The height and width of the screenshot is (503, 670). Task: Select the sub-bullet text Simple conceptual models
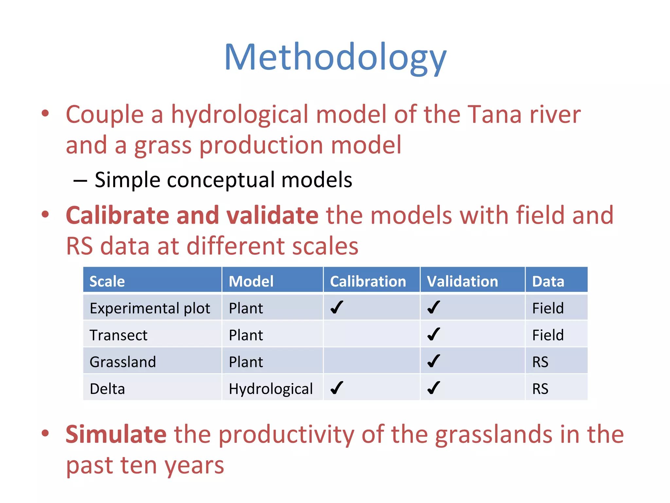(223, 180)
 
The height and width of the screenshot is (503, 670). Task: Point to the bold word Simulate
(116, 434)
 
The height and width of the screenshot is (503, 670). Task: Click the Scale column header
(107, 281)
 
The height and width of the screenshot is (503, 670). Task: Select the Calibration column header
(368, 281)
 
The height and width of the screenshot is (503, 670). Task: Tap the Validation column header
(462, 281)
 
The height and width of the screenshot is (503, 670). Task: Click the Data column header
(548, 281)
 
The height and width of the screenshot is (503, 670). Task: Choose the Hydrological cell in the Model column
(271, 389)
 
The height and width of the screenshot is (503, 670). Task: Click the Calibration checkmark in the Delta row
(337, 388)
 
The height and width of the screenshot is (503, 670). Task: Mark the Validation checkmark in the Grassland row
(433, 361)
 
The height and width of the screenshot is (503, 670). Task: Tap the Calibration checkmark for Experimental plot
(337, 307)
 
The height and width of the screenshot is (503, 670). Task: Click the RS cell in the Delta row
(540, 389)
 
